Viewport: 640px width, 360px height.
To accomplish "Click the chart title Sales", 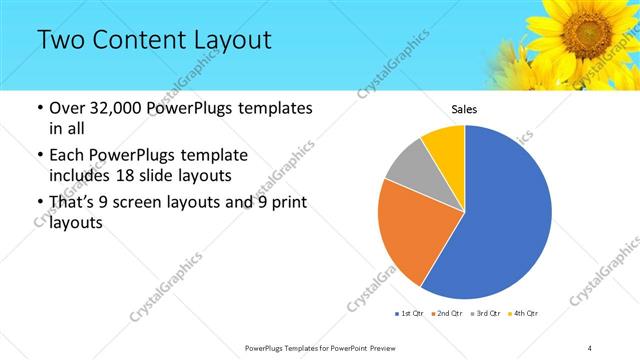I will (x=464, y=107).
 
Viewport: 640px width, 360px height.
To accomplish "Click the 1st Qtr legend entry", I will (x=409, y=314).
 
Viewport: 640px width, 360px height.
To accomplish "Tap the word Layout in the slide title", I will (x=233, y=41).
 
